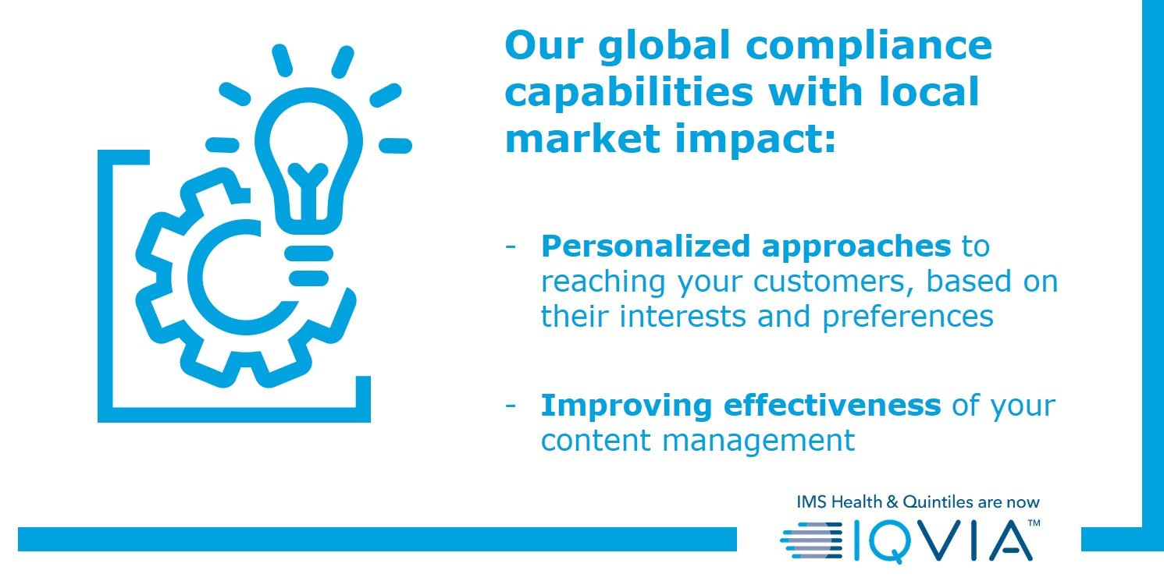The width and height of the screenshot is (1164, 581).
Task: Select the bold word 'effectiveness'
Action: [832, 405]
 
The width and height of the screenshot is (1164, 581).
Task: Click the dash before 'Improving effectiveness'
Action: [511, 406]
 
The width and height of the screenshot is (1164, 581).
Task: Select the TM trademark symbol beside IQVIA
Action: [1034, 523]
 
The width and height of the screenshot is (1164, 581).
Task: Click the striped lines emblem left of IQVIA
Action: [811, 540]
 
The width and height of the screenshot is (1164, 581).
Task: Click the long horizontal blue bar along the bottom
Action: [377, 539]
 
